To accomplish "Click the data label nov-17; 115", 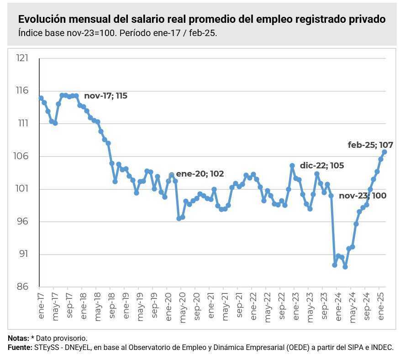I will click(105, 96).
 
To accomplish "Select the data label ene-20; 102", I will click(200, 174).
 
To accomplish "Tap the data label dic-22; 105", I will click(322, 166).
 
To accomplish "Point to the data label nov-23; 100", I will click(363, 196).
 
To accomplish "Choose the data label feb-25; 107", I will click(370, 145).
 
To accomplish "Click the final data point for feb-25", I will click(384, 152).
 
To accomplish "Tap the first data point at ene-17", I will click(41, 98).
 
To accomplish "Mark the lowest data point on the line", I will click(345, 267).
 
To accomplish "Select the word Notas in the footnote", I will click(17, 339).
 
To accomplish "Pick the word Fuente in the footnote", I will click(19, 348).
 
